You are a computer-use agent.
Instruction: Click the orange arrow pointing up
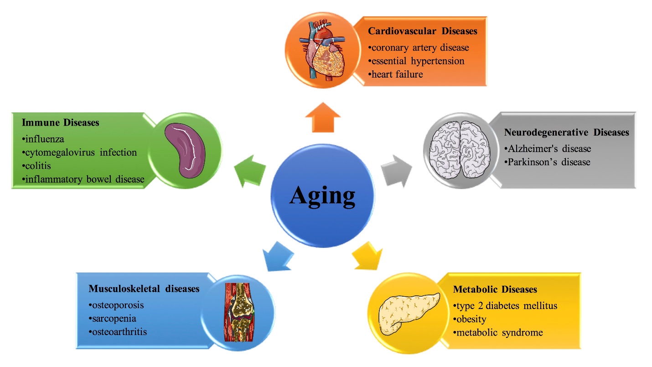(x=323, y=117)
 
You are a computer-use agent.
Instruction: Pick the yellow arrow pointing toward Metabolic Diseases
(x=367, y=257)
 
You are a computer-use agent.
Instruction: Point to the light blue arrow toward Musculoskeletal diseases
(x=278, y=257)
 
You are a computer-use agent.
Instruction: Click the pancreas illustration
(x=408, y=314)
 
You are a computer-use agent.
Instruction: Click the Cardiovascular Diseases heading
(x=423, y=31)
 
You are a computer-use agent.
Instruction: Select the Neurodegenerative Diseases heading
(x=566, y=132)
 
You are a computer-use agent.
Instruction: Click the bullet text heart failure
(x=396, y=74)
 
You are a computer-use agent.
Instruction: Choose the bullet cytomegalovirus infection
(x=79, y=152)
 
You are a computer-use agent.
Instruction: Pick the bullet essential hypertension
(x=416, y=61)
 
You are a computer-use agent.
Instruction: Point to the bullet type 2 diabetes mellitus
(x=505, y=305)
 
